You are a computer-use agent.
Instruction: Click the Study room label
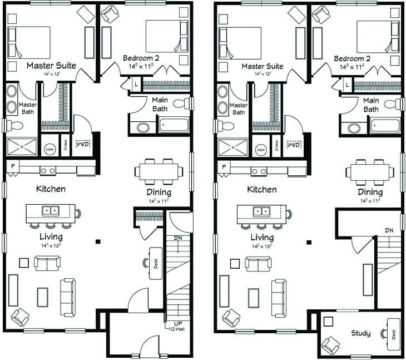[360, 333]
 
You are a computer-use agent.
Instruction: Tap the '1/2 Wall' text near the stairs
[176, 329]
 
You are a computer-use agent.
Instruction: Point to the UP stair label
[176, 323]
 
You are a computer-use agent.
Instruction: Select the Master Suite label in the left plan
[51, 66]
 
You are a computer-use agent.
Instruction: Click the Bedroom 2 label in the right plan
[352, 58]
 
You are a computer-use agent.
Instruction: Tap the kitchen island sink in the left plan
[51, 210]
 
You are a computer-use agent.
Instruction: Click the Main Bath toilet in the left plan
[181, 103]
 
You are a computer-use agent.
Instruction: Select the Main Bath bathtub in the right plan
[384, 125]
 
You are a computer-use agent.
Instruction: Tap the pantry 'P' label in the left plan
[12, 166]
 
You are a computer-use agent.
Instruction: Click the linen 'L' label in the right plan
[347, 85]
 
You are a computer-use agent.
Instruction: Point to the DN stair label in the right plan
[389, 230]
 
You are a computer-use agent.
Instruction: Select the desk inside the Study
[393, 334]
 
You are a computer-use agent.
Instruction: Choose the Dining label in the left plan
[159, 193]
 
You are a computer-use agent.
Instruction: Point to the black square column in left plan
[97, 241]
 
